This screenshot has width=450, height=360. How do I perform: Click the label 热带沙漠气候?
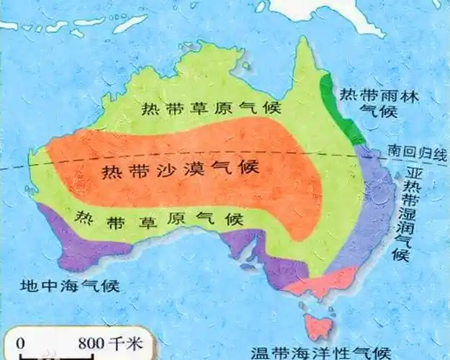coord(180,171)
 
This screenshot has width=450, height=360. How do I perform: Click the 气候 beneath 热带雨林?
coord(369,112)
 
